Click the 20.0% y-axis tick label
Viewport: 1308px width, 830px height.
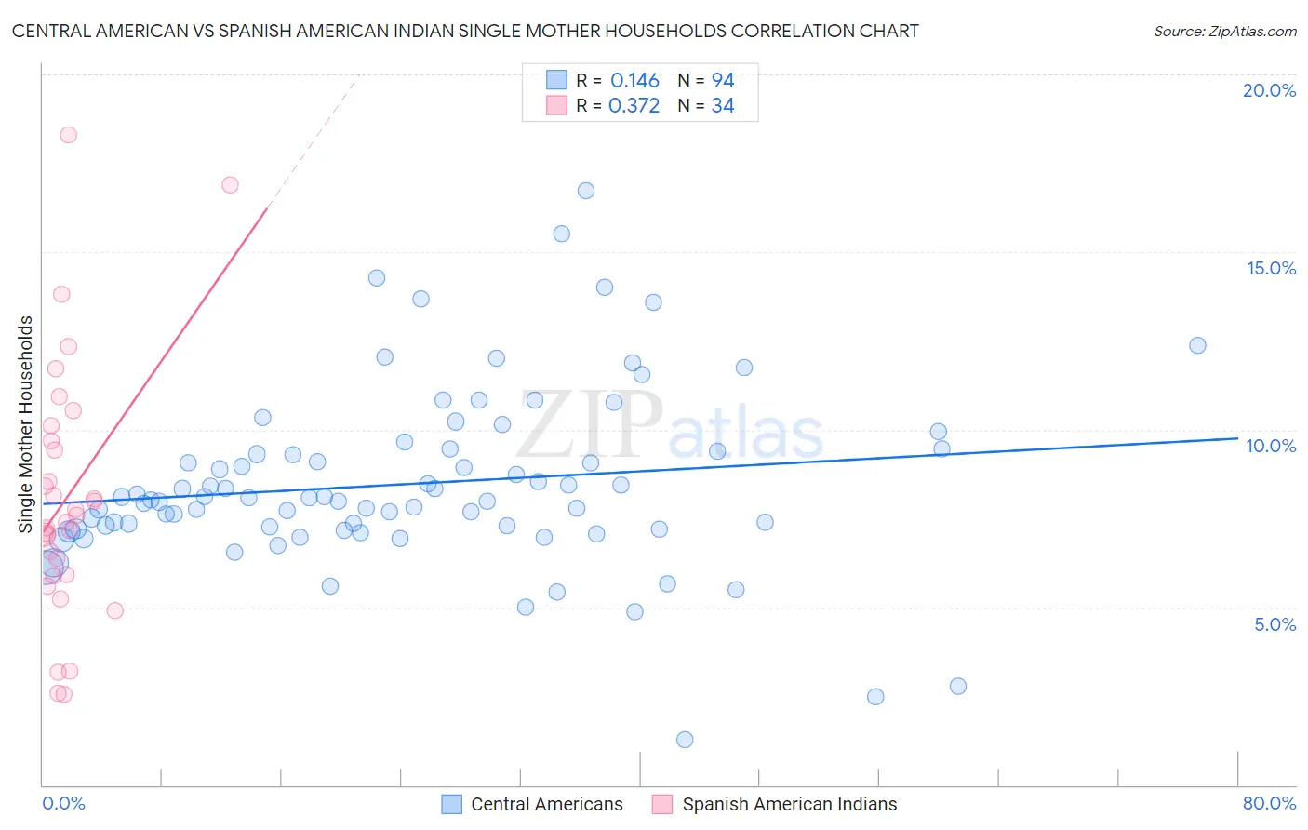[1269, 90]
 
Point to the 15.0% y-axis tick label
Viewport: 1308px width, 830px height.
[1271, 268]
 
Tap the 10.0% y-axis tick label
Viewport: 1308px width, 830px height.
[1271, 446]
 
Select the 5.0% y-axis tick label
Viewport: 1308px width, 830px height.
[1275, 624]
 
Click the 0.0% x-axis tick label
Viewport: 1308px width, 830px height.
[63, 803]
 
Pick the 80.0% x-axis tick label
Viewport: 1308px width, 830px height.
[1269, 803]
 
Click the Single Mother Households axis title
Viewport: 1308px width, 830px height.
[26, 424]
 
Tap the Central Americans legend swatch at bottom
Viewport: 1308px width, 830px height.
[452, 804]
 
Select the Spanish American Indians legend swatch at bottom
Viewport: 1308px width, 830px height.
[662, 804]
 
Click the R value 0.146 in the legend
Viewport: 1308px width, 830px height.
[634, 80]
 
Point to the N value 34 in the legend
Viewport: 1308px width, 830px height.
[723, 106]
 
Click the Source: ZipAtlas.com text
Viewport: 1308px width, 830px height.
[1224, 32]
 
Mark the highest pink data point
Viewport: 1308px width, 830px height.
[68, 135]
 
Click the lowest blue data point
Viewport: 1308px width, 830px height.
[685, 740]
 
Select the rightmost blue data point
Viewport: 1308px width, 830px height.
[1197, 345]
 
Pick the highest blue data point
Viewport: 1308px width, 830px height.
[586, 191]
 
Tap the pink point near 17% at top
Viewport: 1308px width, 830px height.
[230, 185]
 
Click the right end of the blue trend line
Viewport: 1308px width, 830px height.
[1237, 437]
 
